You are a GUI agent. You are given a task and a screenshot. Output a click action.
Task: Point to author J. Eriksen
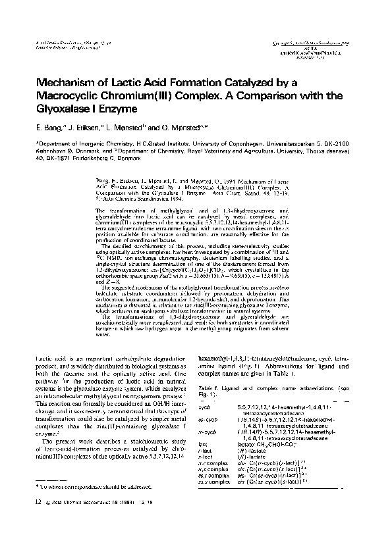click(x=83, y=126)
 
